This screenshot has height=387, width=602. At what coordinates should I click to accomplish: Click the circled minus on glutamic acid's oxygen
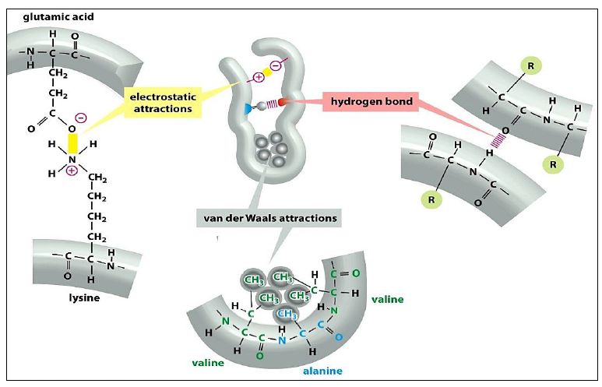[81, 120]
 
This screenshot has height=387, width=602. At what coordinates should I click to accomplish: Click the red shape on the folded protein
[281, 102]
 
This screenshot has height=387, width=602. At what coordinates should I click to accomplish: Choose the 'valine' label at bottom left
[209, 362]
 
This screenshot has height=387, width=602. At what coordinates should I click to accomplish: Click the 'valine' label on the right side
[388, 298]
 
